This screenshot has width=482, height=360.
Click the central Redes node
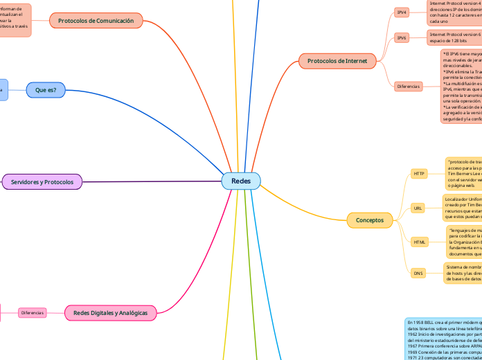point(241,181)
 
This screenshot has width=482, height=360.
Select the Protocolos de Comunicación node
point(96,21)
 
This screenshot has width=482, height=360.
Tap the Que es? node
point(46,90)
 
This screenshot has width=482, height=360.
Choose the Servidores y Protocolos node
point(42,182)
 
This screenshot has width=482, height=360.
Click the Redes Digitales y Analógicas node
point(111,313)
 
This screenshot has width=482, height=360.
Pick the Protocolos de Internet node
point(337,61)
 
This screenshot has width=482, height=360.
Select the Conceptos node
point(370,220)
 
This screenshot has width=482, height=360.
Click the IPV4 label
point(401,12)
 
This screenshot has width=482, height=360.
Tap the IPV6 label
point(401,37)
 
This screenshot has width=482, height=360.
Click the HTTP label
point(419,173)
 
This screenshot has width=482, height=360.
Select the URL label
point(418,208)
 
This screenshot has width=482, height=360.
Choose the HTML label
point(420,242)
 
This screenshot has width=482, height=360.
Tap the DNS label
point(418,273)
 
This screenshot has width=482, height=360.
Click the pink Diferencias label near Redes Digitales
point(32,313)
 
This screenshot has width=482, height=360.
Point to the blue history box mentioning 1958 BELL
point(443,339)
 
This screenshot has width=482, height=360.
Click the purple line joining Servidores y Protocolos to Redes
point(152,181)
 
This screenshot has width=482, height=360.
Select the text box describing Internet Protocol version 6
point(454,37)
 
